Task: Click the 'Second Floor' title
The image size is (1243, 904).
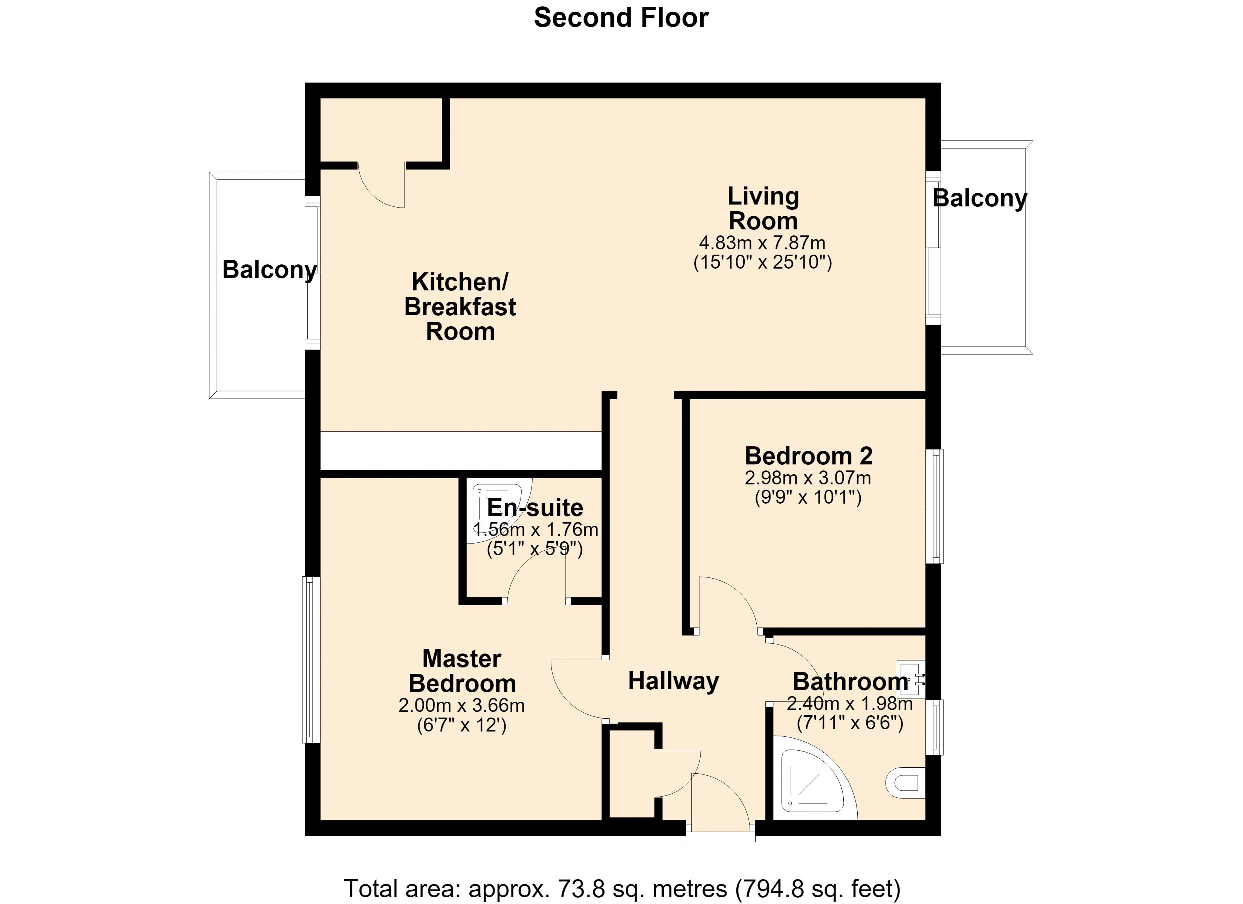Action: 621,18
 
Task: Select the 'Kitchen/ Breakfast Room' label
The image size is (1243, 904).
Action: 460,307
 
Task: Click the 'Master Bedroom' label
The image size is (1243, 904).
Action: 462,671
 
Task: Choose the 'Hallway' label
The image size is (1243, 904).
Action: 673,681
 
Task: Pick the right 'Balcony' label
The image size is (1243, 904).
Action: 980,198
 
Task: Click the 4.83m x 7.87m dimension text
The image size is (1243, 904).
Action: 762,243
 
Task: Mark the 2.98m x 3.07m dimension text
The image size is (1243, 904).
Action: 808,478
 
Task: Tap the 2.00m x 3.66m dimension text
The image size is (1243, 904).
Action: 461,705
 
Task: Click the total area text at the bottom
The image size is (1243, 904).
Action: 622,889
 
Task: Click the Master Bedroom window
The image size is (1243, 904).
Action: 311,660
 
